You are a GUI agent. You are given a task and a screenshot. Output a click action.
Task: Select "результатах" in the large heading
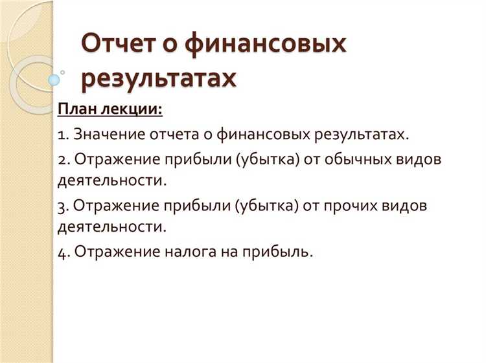[158, 79]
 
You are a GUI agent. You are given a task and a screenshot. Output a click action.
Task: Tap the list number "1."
[63, 135]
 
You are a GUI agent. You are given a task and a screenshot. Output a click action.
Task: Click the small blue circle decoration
[54, 80]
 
